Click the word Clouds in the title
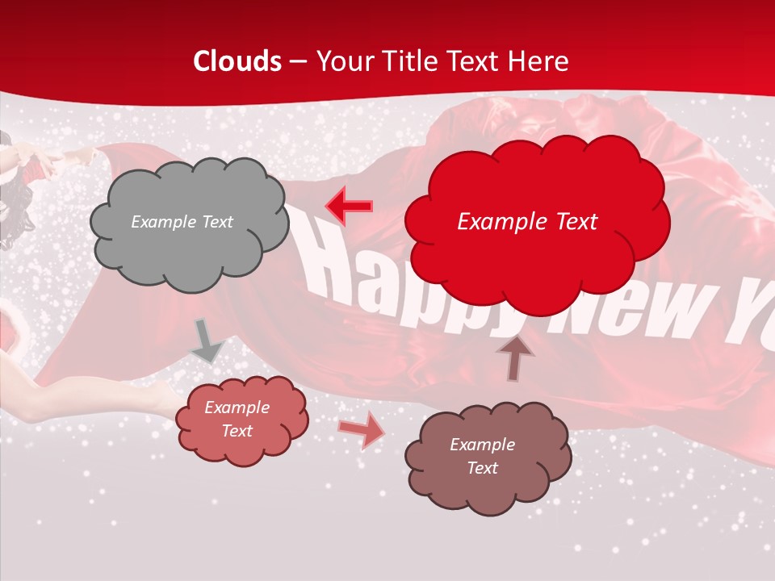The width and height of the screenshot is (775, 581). [237, 61]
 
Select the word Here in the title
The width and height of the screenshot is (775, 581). [540, 61]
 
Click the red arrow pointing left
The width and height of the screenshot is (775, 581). [349, 206]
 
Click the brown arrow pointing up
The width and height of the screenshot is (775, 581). [515, 357]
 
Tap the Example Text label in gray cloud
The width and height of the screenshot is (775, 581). [182, 222]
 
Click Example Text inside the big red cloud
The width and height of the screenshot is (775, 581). [527, 222]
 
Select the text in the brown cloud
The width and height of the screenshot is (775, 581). [482, 456]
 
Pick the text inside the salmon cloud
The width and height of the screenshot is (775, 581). [237, 419]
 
